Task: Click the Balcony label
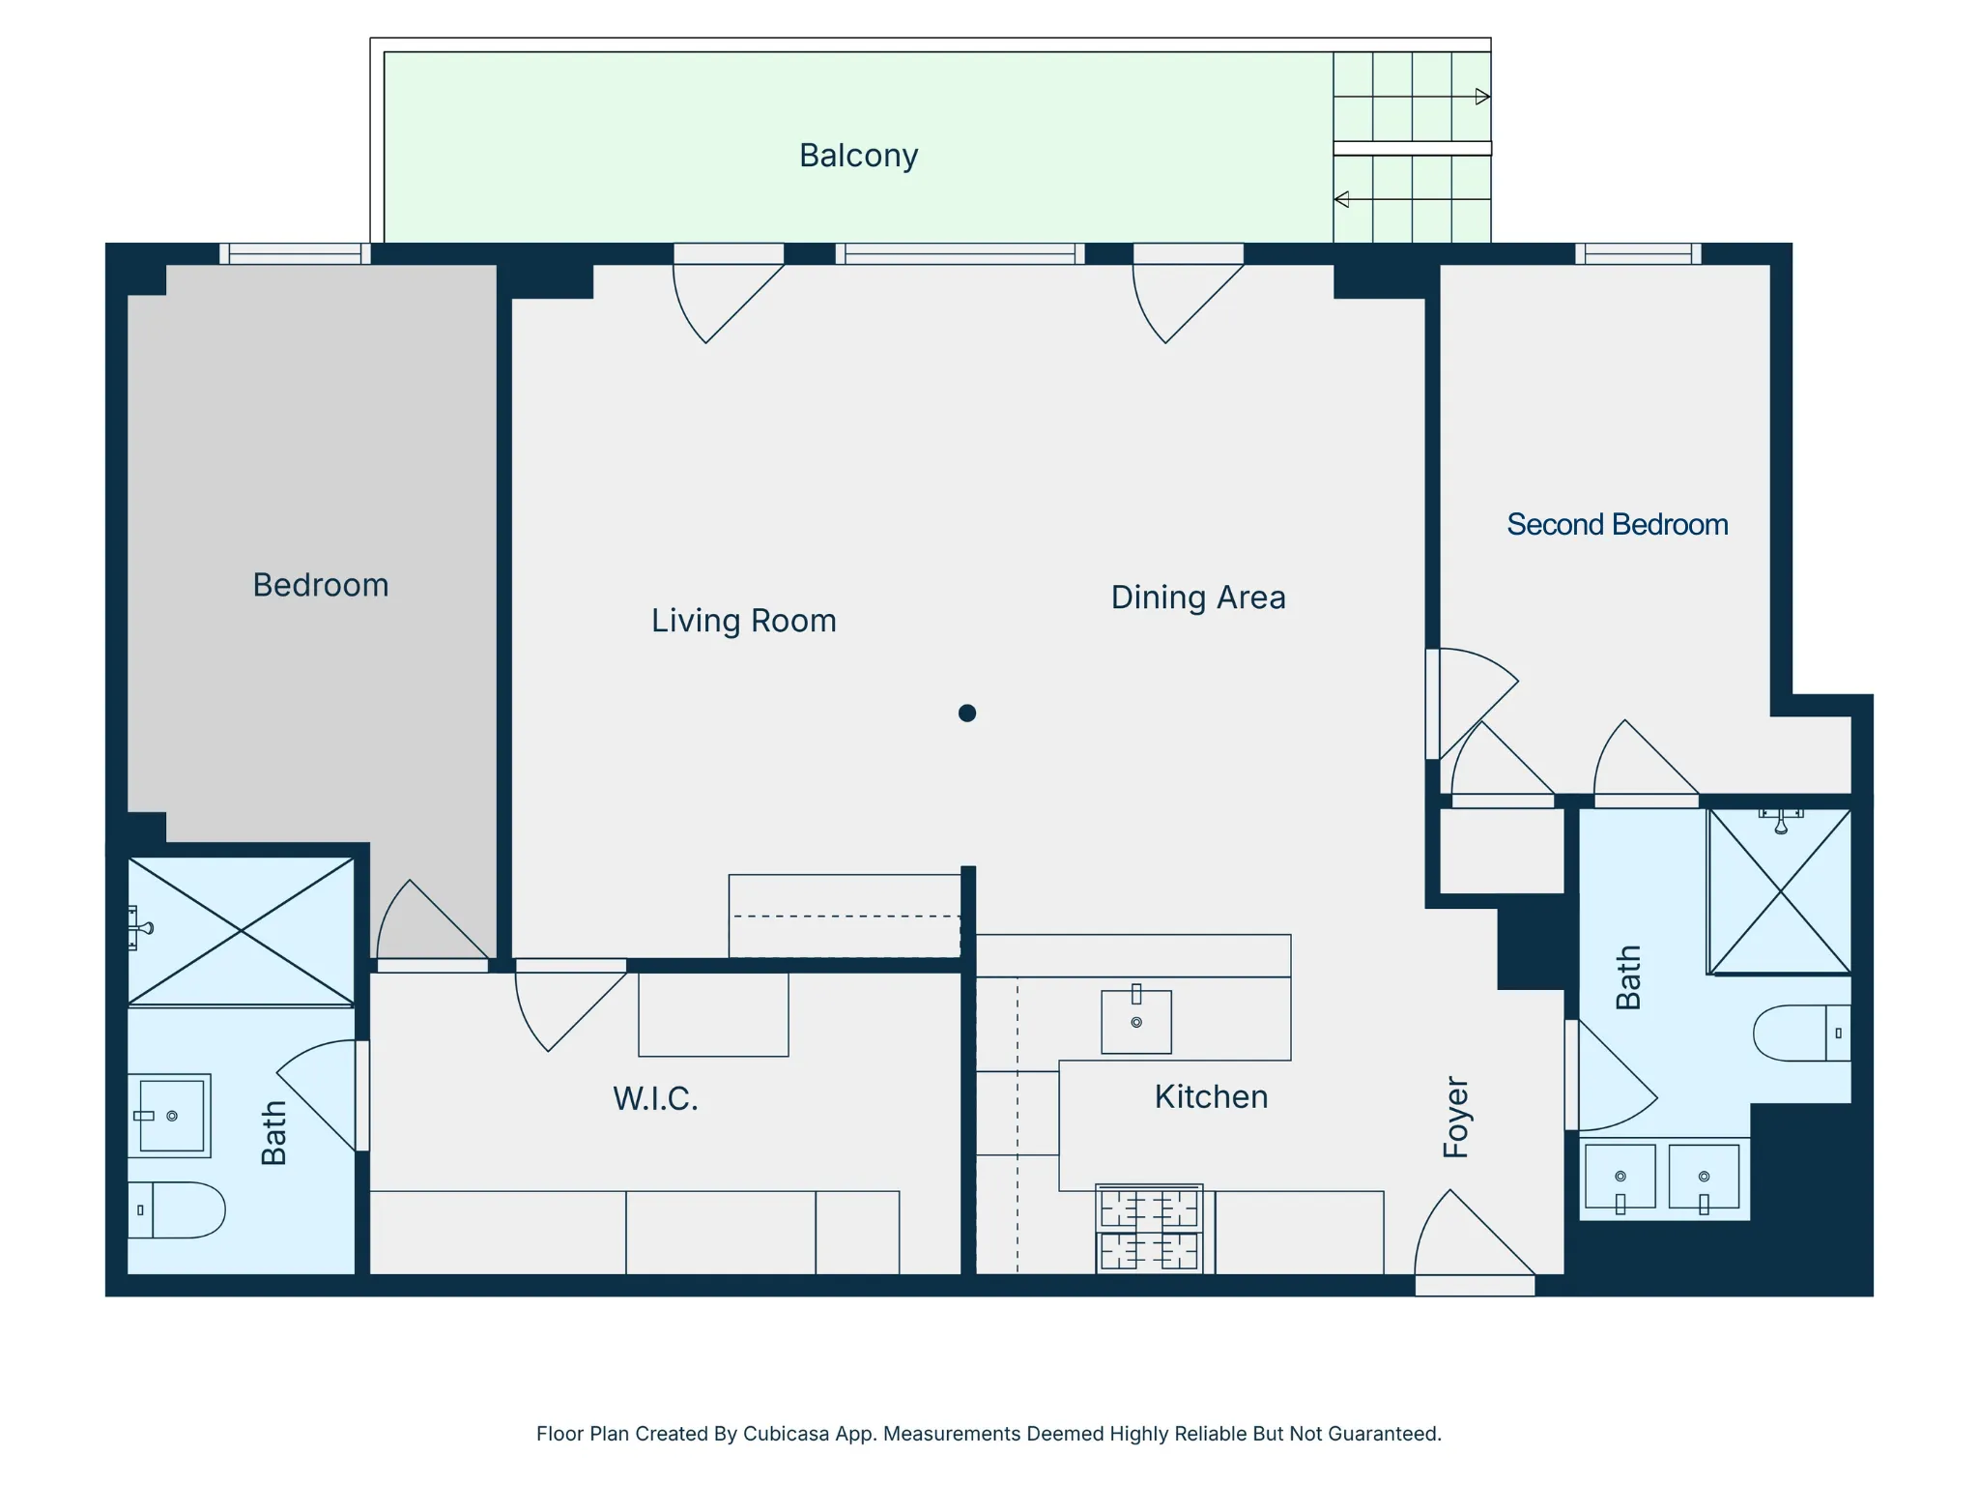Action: (858, 156)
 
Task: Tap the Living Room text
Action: (743, 621)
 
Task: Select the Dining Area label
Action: (1197, 597)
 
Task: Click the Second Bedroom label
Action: (1617, 525)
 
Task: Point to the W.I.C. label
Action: (655, 1099)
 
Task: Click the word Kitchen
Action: (1211, 1097)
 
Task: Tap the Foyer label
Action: (1455, 1117)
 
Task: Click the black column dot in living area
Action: (967, 713)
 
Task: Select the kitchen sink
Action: (1136, 1021)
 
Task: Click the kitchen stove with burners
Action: (1149, 1229)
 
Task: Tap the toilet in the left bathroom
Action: (178, 1209)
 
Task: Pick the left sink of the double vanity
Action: (1620, 1178)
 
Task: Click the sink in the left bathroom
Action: (171, 1116)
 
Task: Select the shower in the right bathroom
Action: (1780, 891)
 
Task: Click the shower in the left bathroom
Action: (241, 931)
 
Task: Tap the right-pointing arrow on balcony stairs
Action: (1481, 97)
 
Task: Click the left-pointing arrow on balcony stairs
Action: (1342, 200)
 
